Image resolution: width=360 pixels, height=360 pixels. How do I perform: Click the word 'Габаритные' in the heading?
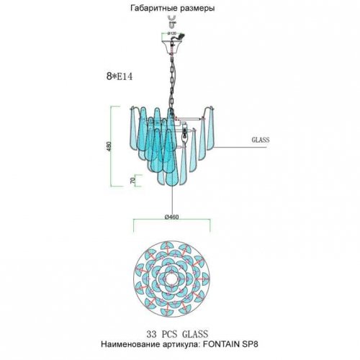153,9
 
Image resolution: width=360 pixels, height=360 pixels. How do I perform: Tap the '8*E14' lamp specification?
120,76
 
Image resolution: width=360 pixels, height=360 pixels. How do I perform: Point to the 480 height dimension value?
109,146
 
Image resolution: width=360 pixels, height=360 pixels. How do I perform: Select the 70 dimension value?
132,181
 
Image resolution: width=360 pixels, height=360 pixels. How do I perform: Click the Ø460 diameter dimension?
171,217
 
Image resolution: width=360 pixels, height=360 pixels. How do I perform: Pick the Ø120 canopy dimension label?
172,33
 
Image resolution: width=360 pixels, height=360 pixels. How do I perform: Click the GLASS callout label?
261,140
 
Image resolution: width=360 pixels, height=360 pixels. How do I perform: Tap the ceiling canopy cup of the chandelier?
172,48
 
